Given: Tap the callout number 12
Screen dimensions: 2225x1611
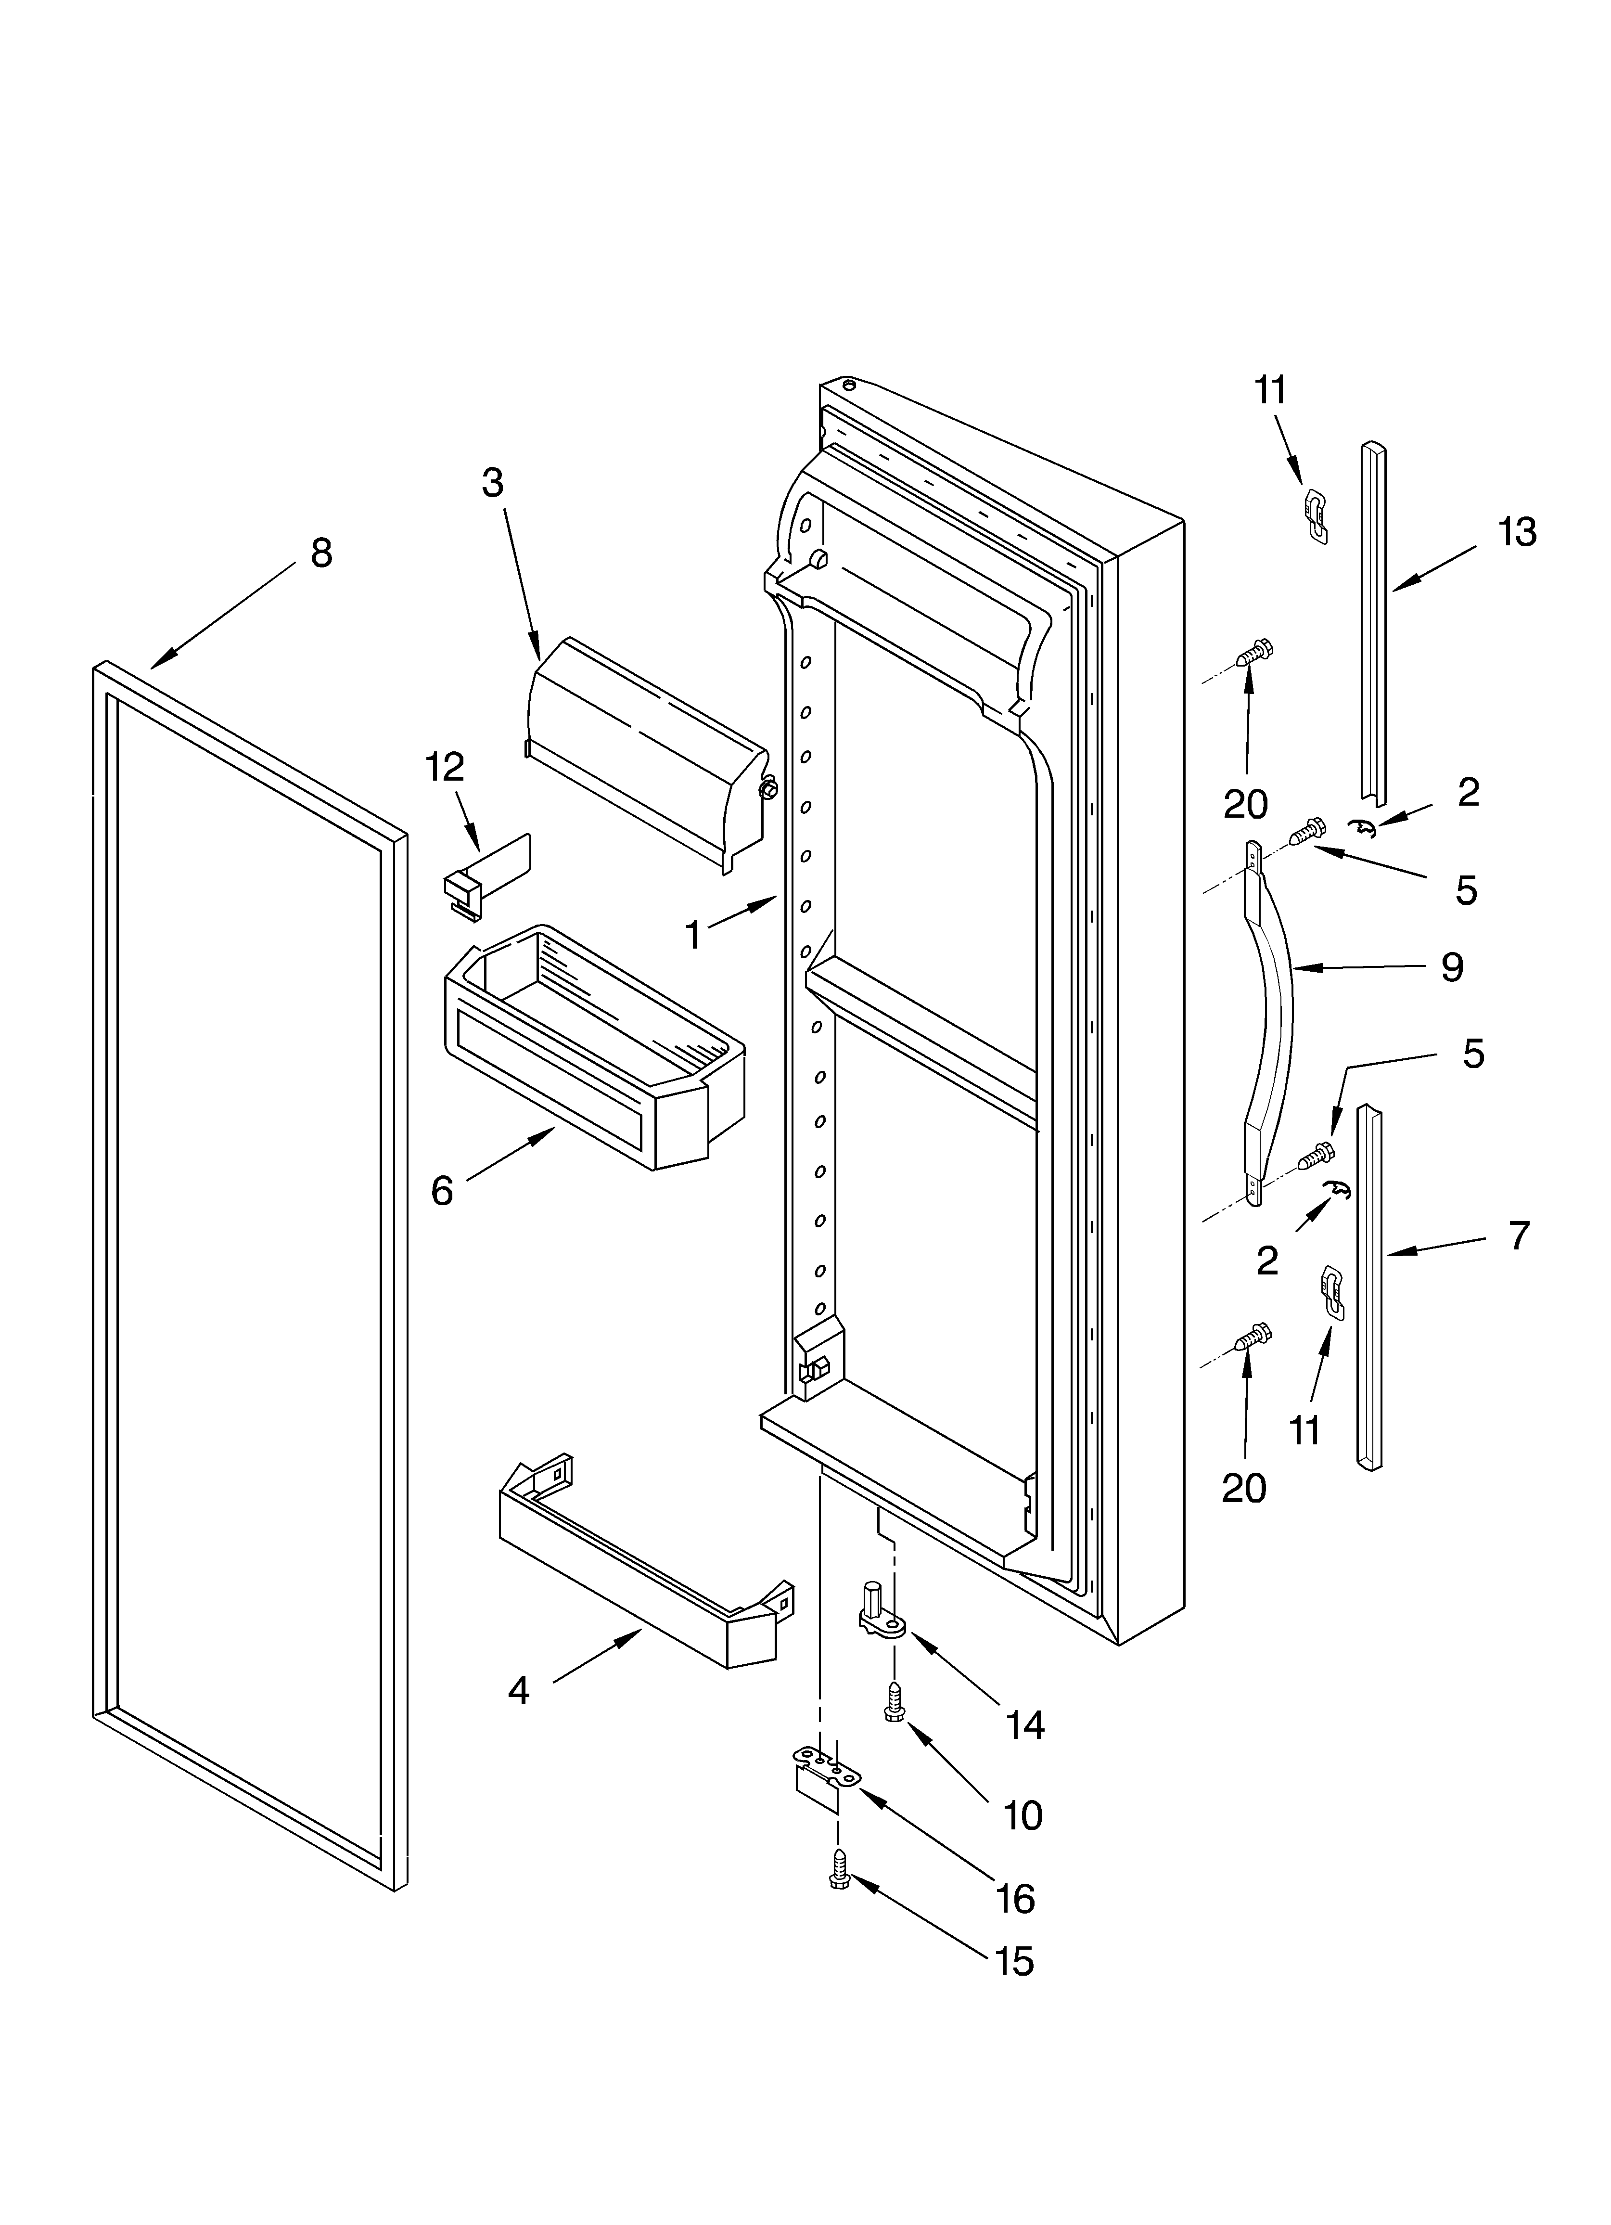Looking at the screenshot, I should (445, 767).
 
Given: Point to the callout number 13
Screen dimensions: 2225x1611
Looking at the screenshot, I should (1517, 533).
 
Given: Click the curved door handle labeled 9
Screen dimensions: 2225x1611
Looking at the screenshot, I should (1268, 1020).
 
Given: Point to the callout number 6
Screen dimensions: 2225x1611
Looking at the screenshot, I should (443, 1191).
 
